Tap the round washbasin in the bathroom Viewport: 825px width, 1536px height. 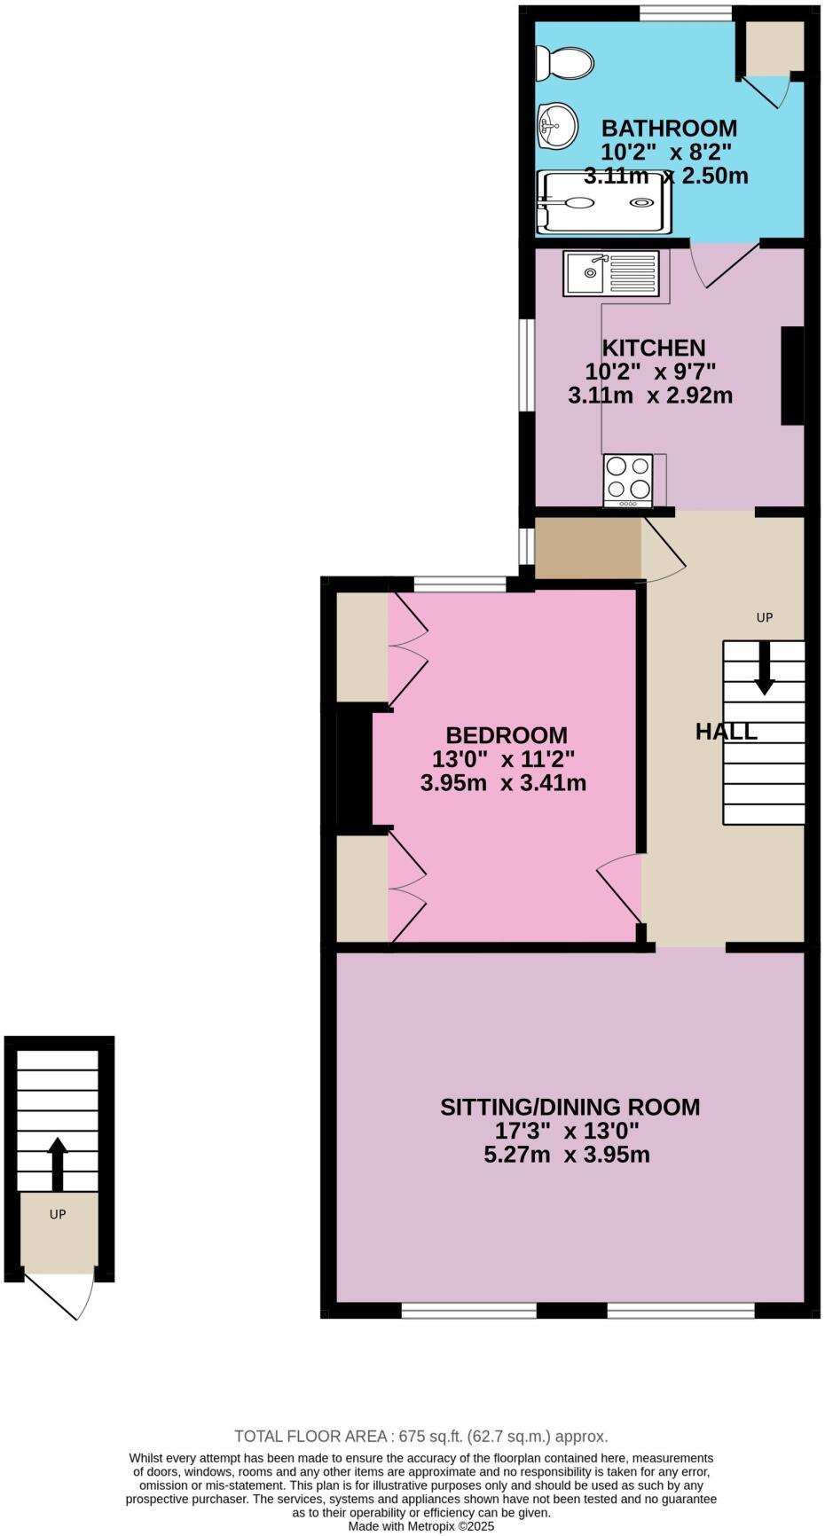tap(556, 125)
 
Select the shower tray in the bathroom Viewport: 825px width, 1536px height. tap(603, 202)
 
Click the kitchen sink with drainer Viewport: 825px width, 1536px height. tap(611, 273)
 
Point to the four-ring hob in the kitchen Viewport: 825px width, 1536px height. tap(628, 480)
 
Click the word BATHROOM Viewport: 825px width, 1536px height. tap(669, 128)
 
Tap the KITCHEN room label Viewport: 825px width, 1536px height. tap(654, 348)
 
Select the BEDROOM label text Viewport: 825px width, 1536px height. tap(506, 735)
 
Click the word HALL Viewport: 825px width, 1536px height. tap(727, 732)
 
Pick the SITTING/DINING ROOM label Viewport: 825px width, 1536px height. tap(570, 1107)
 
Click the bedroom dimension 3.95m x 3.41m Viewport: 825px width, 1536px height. tap(503, 783)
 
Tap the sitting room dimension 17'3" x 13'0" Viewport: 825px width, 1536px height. tap(568, 1131)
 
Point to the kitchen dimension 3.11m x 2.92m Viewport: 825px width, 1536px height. tap(650, 396)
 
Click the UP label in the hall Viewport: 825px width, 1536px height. tap(765, 617)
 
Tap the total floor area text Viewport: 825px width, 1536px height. tap(420, 1436)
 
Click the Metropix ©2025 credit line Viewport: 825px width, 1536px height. tap(420, 1526)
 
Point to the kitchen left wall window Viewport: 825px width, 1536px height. tap(527, 365)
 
